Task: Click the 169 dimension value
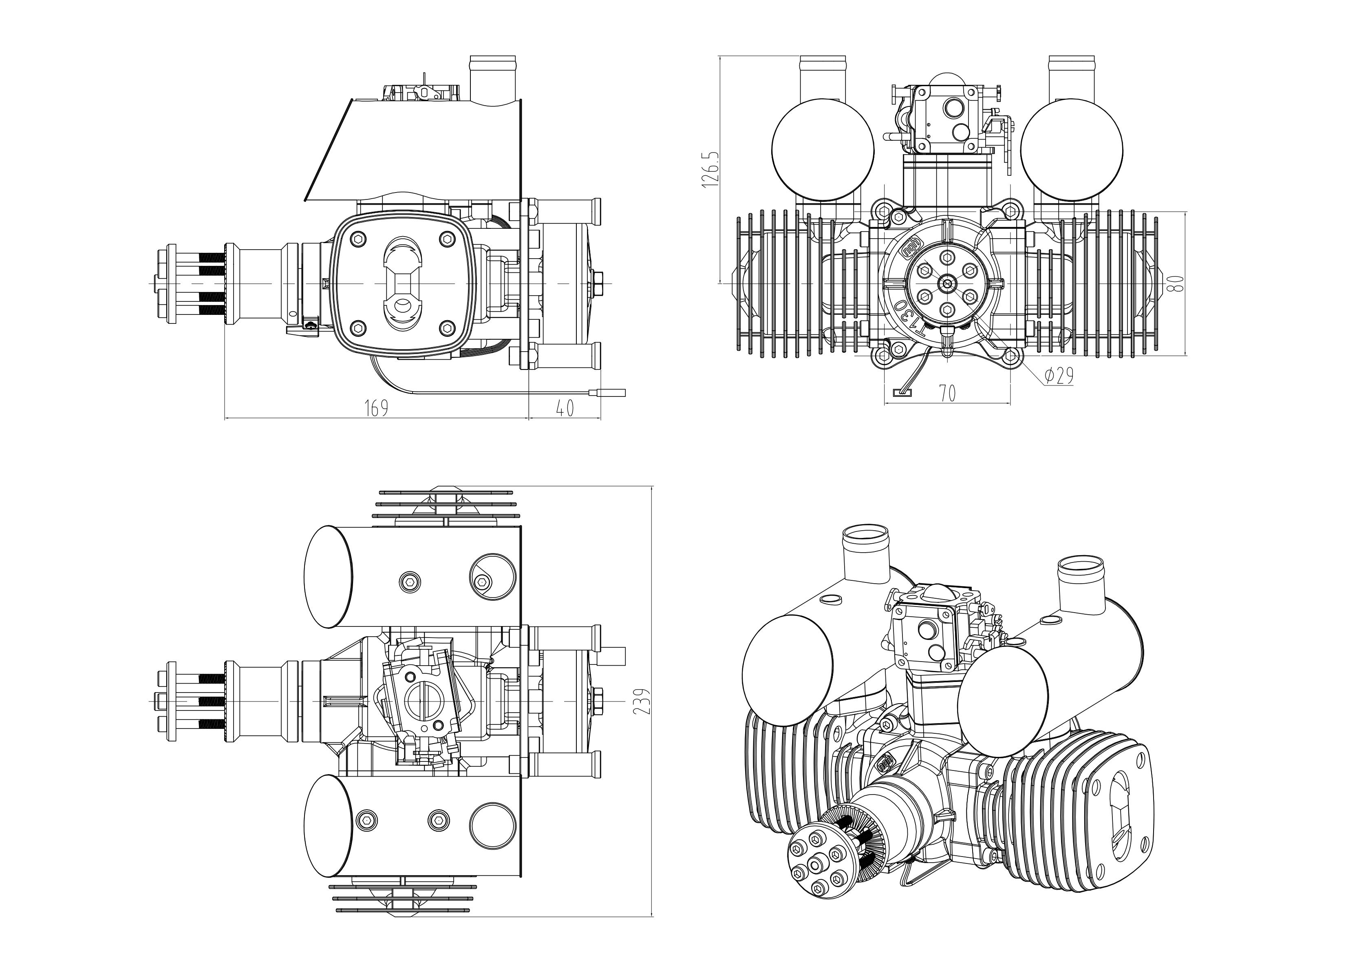376,408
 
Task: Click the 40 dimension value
565,408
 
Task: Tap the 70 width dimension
947,394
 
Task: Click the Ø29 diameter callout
1059,376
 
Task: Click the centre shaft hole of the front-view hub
947,283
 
